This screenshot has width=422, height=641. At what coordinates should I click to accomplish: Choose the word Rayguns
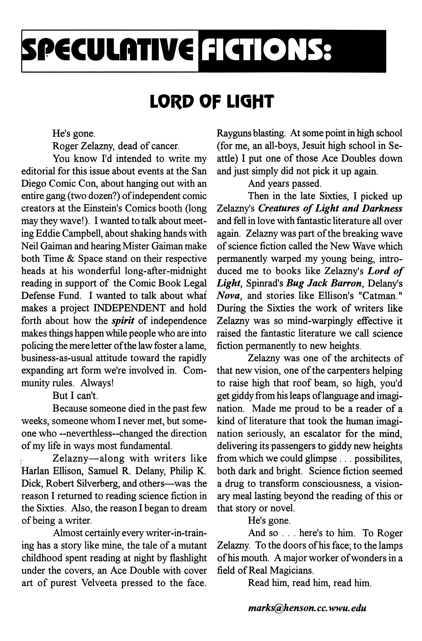[233, 133]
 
